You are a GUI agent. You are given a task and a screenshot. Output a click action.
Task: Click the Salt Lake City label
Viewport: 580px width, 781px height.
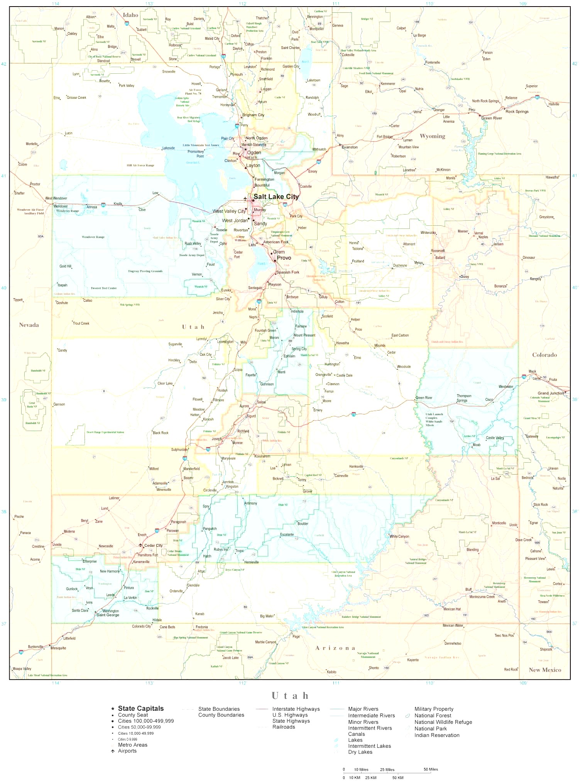pos(276,197)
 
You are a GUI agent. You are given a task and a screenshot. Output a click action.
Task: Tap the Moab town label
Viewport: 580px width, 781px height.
pos(477,445)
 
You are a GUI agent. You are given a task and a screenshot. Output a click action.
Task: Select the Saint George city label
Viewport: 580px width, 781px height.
pos(108,615)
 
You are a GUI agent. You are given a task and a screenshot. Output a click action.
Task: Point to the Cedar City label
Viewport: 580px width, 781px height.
pos(153,546)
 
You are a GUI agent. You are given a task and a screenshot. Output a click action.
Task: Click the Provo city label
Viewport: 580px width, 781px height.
pos(284,258)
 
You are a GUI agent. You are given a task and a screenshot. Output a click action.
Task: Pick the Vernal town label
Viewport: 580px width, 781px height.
pos(479,233)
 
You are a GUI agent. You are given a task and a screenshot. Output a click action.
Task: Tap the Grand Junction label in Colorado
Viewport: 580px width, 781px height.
pos(551,393)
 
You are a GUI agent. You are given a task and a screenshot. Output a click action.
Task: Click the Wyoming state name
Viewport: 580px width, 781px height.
pos(432,136)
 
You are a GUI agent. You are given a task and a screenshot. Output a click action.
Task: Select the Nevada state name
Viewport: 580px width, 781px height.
pos(29,325)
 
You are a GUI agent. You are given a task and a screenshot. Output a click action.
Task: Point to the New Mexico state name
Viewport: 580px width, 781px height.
pos(544,670)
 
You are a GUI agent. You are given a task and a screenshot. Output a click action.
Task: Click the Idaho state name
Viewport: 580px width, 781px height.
pos(130,15)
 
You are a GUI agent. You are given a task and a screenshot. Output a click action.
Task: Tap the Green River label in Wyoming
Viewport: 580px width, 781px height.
pos(492,118)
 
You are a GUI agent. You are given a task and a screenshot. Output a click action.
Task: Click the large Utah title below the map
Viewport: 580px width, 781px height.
pos(290,696)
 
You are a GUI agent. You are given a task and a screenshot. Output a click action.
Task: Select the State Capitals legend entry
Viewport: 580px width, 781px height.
pos(140,708)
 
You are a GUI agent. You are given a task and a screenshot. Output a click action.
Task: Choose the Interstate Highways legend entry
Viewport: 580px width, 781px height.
pos(296,709)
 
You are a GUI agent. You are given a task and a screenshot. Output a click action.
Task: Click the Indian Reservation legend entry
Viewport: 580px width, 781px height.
pos(436,735)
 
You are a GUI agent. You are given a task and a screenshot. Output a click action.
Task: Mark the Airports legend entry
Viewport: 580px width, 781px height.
pos(127,751)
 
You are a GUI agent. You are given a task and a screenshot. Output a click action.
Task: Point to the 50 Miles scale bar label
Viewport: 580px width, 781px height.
pos(431,769)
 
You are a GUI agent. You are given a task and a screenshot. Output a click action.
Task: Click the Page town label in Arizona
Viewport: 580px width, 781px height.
pos(296,637)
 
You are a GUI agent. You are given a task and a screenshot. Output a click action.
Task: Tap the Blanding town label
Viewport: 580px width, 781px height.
pos(472,550)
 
